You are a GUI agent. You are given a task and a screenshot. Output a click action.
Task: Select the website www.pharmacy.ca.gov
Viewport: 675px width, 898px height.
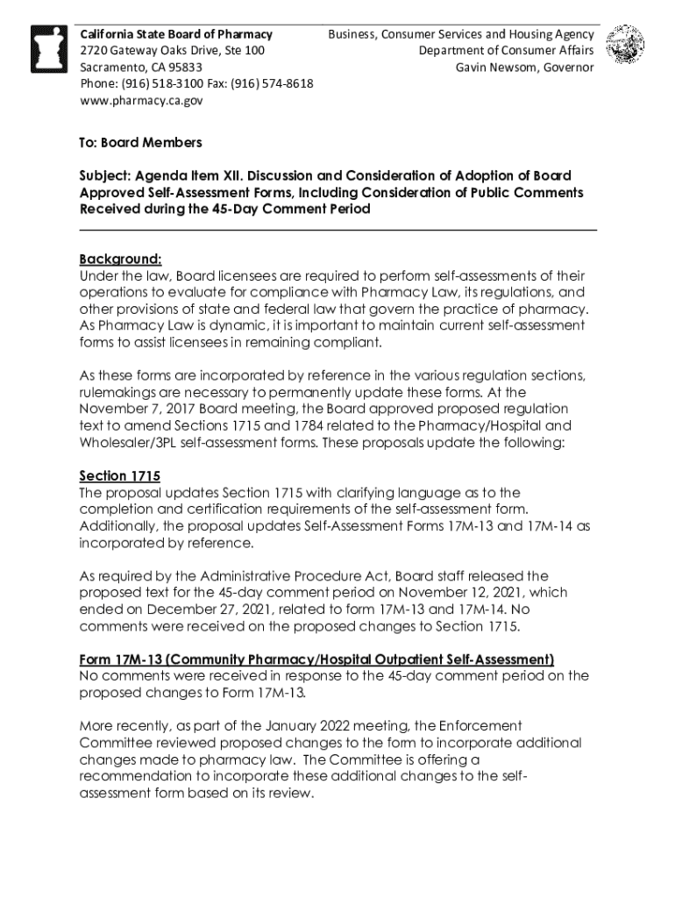click(x=141, y=101)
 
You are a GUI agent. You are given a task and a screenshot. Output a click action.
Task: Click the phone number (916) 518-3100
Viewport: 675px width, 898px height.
click(x=162, y=84)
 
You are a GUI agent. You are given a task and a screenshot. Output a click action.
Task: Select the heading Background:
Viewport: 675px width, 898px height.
click(x=120, y=260)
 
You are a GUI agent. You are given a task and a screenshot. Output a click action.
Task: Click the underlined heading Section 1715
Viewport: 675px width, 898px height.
click(x=119, y=476)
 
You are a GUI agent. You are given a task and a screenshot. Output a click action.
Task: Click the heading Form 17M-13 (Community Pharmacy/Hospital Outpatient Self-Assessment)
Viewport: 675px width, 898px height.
click(x=316, y=659)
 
